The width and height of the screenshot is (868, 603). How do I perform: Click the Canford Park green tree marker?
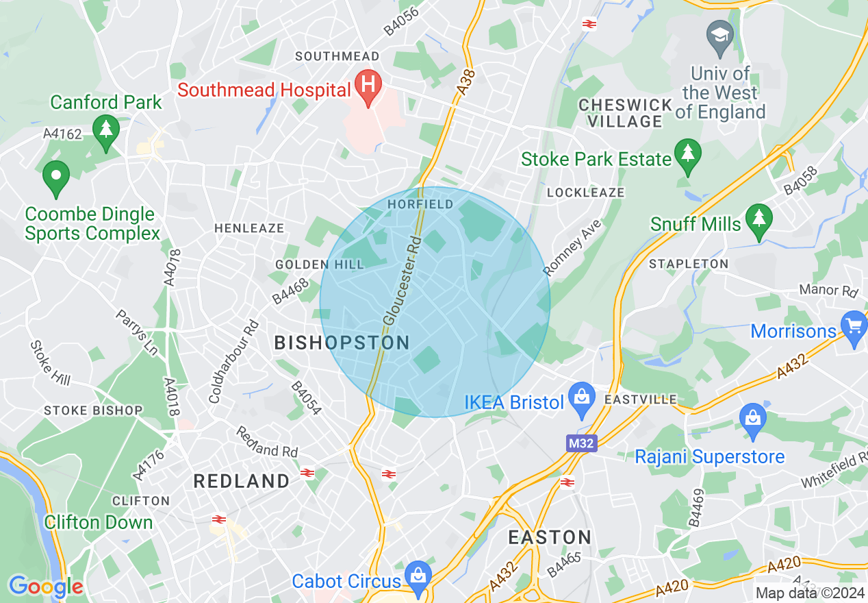pyautogui.click(x=106, y=130)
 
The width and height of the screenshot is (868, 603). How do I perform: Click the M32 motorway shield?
pyautogui.click(x=581, y=443)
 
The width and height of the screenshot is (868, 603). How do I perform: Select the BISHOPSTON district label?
pyautogui.click(x=342, y=343)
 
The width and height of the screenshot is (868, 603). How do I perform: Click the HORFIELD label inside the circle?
pyautogui.click(x=420, y=204)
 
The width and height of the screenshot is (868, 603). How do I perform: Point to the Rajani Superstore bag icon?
pyautogui.click(x=753, y=419)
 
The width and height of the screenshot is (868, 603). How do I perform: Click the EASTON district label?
pyautogui.click(x=550, y=537)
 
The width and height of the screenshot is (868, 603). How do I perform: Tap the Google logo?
pyautogui.click(x=46, y=587)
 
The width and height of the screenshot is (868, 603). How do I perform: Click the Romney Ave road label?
pyautogui.click(x=572, y=248)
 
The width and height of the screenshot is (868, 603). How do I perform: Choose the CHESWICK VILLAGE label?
pyautogui.click(x=625, y=113)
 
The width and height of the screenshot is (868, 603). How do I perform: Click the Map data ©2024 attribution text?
pyautogui.click(x=810, y=593)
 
